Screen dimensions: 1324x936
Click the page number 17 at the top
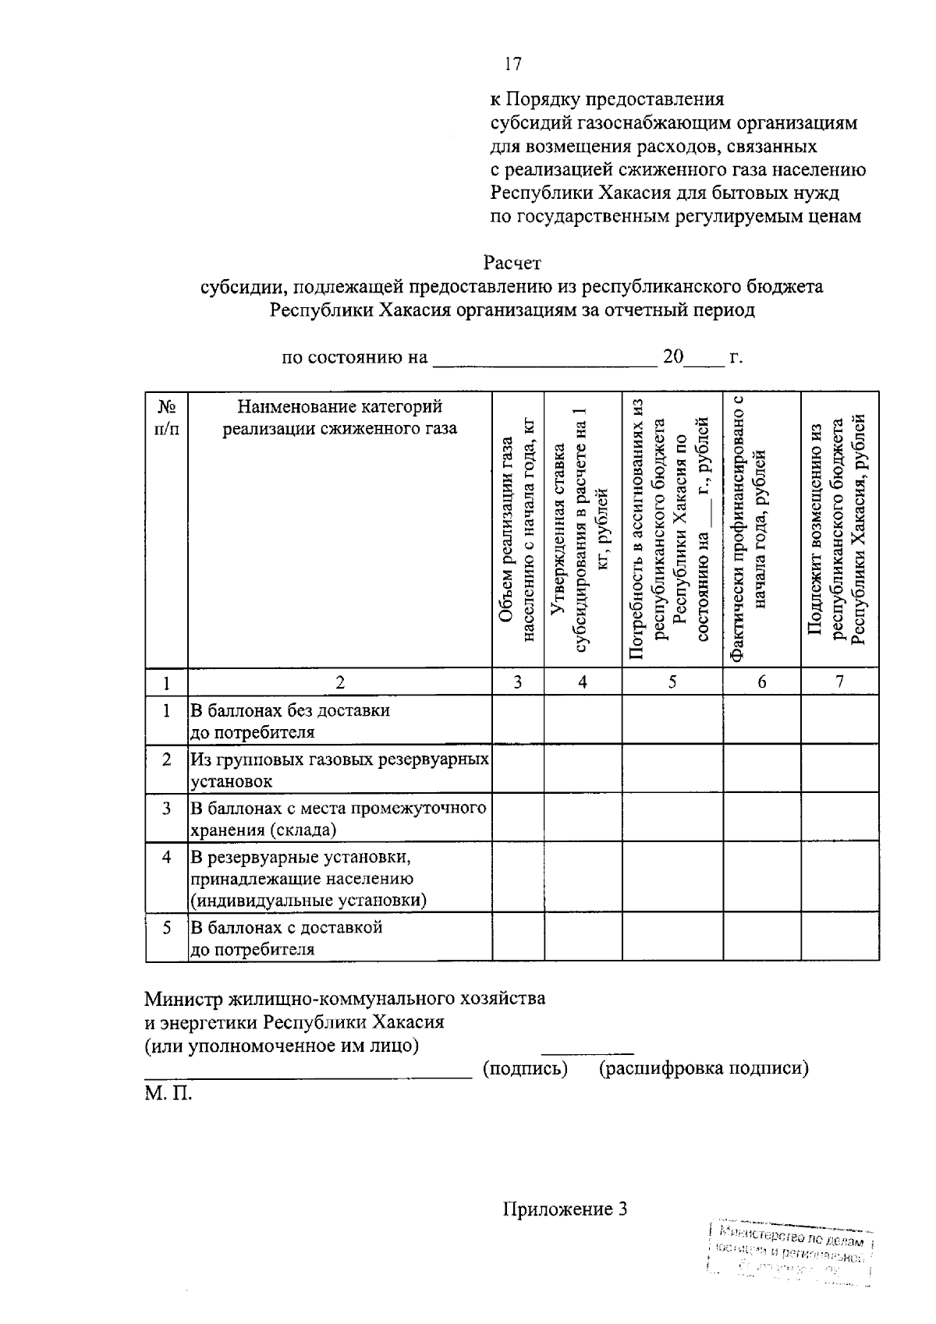(512, 64)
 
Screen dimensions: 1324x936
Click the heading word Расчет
(512, 263)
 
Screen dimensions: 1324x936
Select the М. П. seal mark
(168, 1093)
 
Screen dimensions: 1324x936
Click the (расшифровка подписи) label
(703, 1068)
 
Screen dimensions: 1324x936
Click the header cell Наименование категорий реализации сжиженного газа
(339, 418)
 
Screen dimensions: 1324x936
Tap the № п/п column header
(166, 418)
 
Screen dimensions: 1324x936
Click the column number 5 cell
(672, 681)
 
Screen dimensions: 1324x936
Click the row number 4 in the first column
(166, 857)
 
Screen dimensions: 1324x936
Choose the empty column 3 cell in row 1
(518, 720)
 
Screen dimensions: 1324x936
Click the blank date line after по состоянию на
(544, 359)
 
